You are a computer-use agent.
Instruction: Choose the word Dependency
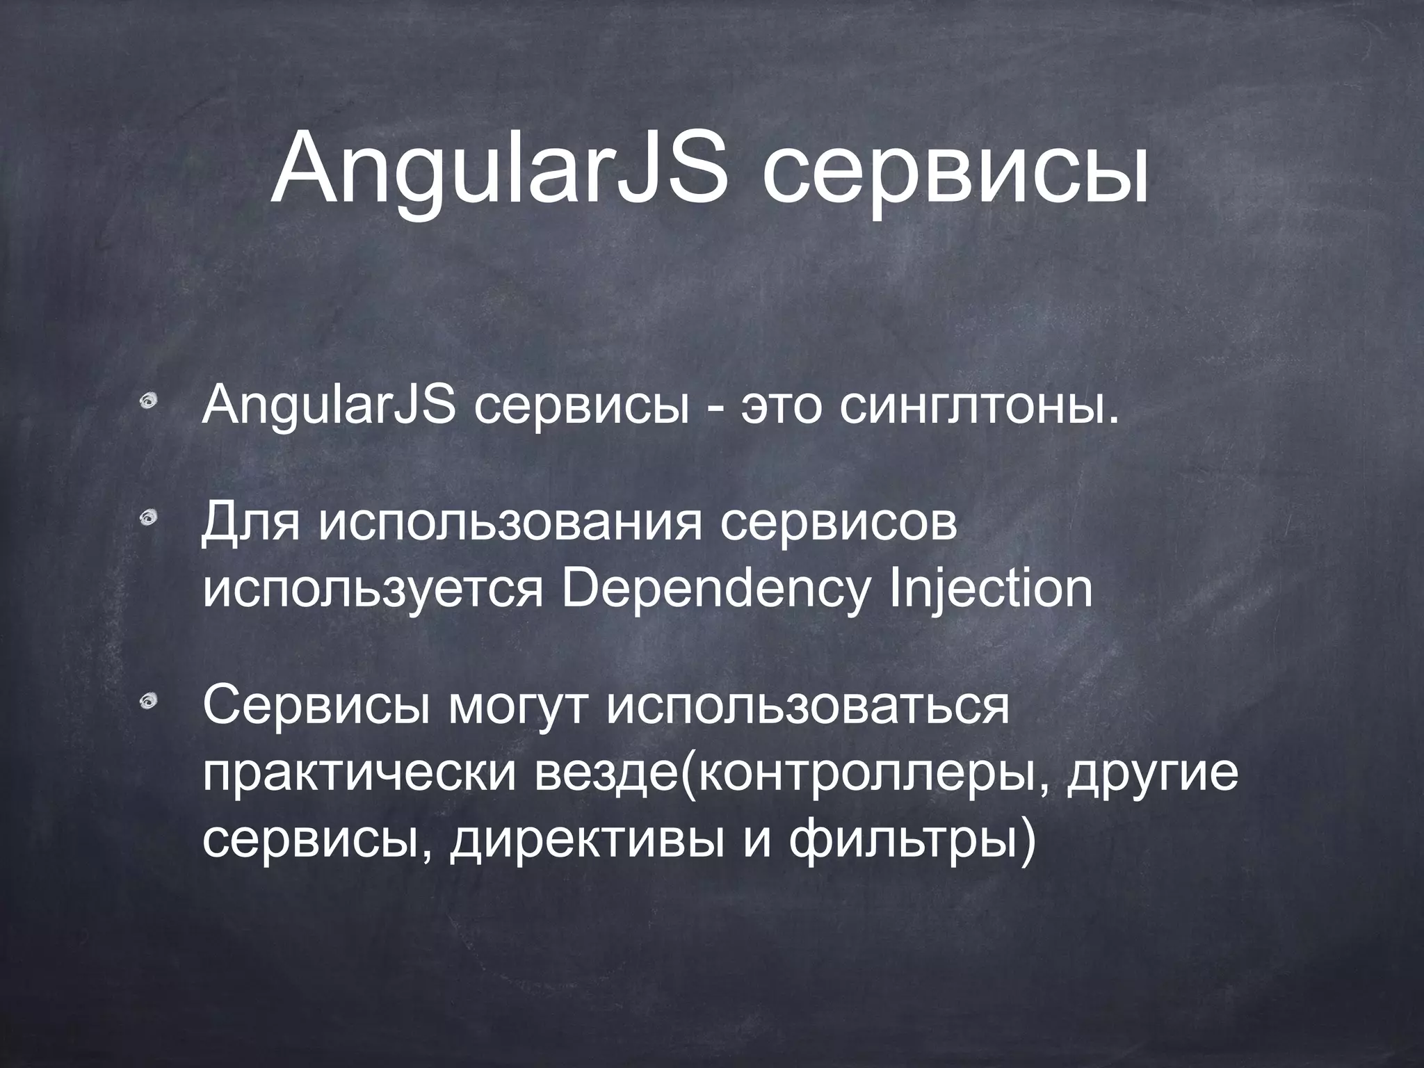point(715,590)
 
